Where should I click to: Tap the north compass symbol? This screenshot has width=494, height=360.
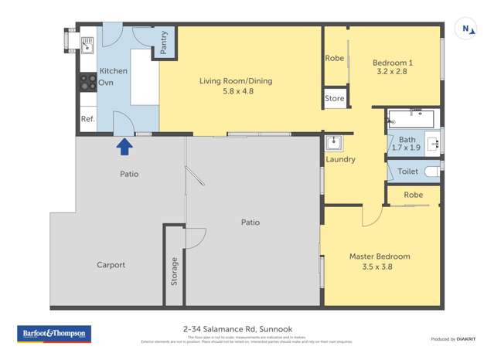[468, 29]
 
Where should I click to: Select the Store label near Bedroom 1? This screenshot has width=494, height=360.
[335, 98]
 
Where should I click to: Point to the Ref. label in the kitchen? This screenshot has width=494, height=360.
[87, 119]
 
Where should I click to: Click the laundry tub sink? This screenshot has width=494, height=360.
[335, 143]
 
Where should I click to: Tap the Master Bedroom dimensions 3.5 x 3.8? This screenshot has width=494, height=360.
[380, 267]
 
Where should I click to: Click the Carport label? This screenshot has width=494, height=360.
[111, 265]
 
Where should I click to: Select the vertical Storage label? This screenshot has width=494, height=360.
[174, 271]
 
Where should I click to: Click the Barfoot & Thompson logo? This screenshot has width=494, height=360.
[54, 334]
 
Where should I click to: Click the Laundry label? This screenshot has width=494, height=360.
[340, 160]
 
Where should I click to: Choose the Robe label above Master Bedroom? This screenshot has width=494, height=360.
[412, 196]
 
